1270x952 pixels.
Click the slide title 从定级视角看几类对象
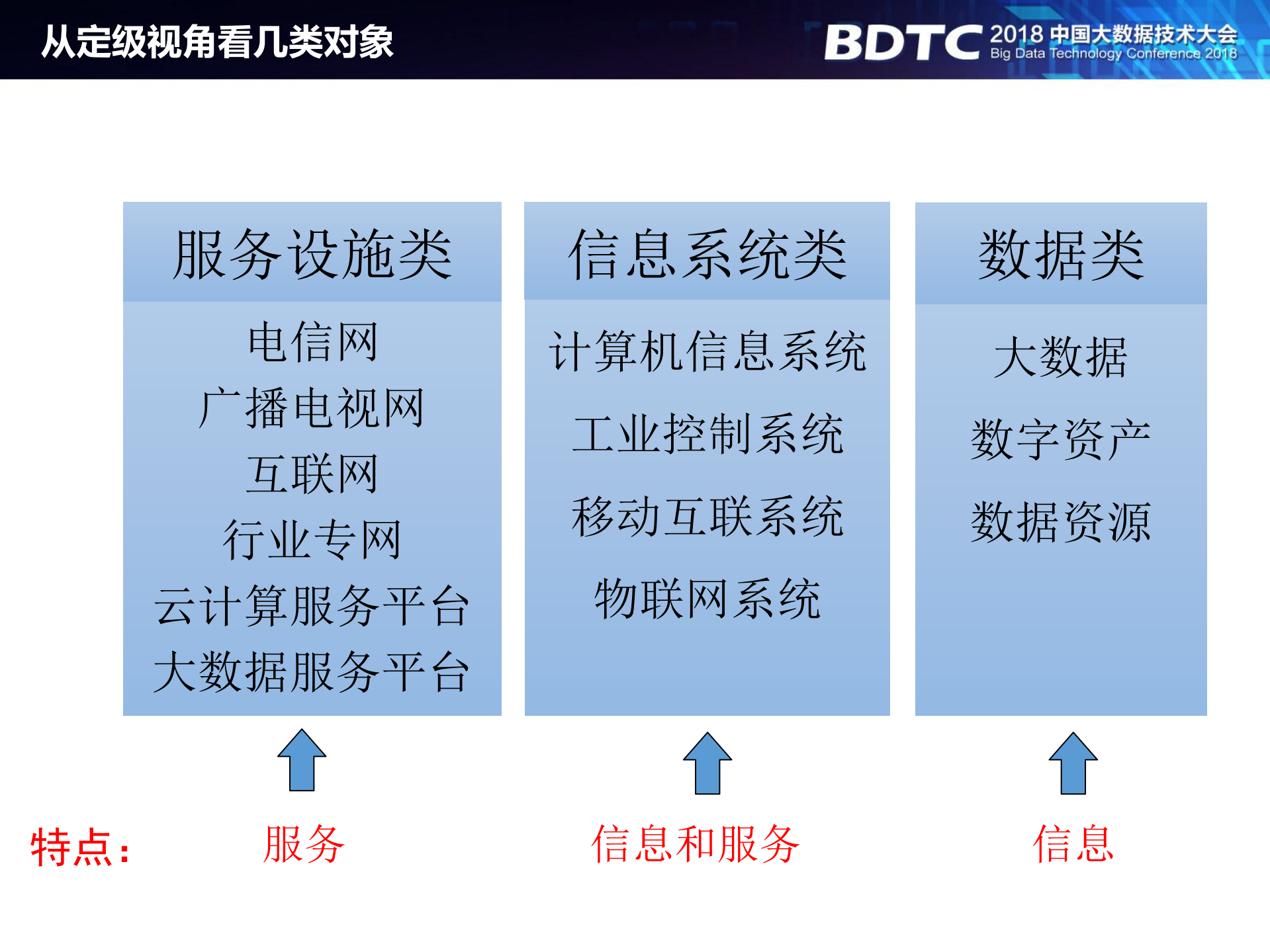[x=217, y=42]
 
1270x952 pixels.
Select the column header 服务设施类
[x=312, y=255]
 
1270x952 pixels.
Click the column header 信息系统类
[x=707, y=255]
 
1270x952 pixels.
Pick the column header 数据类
[x=1061, y=255]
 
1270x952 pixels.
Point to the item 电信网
[x=312, y=342]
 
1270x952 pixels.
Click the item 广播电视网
[x=312, y=408]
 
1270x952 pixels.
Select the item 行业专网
[x=312, y=540]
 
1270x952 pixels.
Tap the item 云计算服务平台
[x=312, y=606]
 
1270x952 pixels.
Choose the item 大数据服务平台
[x=312, y=672]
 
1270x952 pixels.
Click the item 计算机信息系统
[x=707, y=351]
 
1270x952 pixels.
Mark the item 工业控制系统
[x=707, y=434]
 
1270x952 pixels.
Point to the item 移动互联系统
[x=707, y=517]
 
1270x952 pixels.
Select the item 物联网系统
[x=707, y=599]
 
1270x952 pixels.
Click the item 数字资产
[x=1061, y=439]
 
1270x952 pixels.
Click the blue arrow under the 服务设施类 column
[x=302, y=761]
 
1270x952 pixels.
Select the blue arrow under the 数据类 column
[x=1073, y=763]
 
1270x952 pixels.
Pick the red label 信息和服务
[x=695, y=845]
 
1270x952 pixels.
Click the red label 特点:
[x=80, y=847]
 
